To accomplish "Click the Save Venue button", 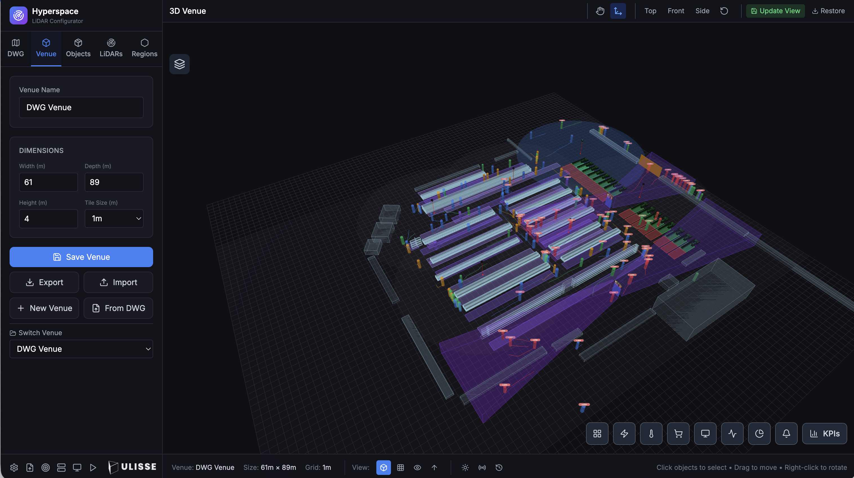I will (81, 257).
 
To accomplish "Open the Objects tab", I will (78, 48).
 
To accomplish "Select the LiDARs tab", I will (111, 48).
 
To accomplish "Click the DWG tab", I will (15, 48).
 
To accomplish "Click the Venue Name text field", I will (81, 107).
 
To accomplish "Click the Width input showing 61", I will (48, 182).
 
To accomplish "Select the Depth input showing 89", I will (114, 182).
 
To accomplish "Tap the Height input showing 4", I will (48, 219).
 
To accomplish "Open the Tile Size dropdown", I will (114, 219).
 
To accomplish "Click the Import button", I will (118, 282).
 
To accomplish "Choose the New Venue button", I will (44, 308).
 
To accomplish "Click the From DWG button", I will (118, 308).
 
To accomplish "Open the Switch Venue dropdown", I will (81, 349).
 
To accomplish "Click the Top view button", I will (650, 11).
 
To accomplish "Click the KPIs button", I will (824, 434).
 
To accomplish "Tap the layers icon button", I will (179, 64).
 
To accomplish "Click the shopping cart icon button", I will (678, 434).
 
